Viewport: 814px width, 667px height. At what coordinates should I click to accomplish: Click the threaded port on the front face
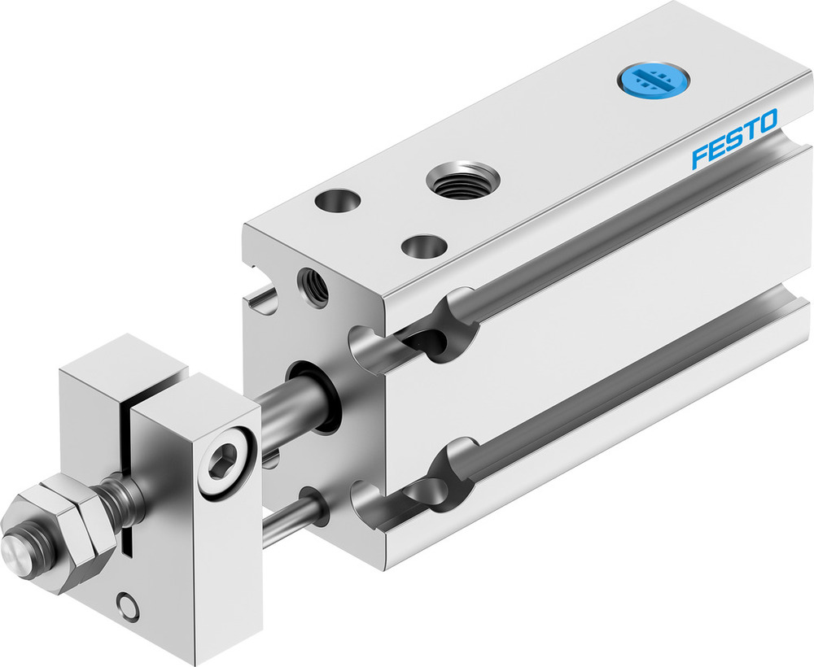(314, 287)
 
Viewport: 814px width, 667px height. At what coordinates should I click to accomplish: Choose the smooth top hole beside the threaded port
(336, 200)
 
